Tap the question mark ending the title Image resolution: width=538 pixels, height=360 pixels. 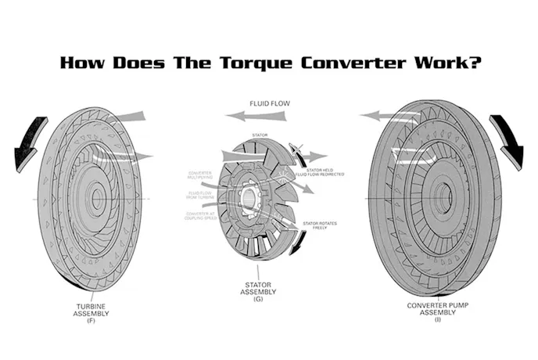[x=476, y=63]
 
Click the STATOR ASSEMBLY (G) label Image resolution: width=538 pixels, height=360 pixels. [x=258, y=290]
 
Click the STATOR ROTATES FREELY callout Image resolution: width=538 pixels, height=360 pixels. [x=321, y=227]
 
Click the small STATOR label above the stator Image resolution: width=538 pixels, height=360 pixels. [x=260, y=135]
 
